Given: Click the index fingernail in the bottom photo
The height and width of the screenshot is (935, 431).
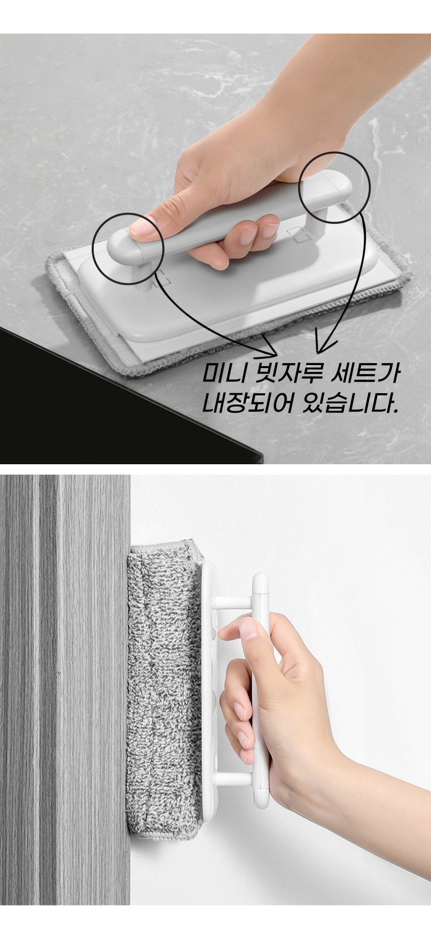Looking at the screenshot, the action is [248, 629].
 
